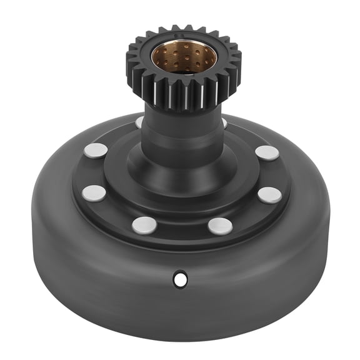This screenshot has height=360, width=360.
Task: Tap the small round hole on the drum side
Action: tap(181, 279)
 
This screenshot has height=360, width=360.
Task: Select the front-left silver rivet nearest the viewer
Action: tap(144, 225)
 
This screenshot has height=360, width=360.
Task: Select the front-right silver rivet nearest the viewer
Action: tap(220, 226)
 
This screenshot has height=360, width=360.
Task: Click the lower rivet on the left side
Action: tap(94, 193)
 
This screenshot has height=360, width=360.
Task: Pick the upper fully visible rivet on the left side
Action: tap(96, 150)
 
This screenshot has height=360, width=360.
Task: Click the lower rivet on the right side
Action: tap(269, 195)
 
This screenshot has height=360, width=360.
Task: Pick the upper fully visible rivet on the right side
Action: tap(267, 152)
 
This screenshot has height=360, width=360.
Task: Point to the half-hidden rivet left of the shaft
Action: tap(139, 122)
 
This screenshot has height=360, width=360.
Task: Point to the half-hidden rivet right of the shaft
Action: tap(224, 123)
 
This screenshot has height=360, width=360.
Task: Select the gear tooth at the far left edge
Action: tap(129, 62)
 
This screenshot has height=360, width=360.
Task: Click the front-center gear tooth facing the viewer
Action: tap(184, 97)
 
